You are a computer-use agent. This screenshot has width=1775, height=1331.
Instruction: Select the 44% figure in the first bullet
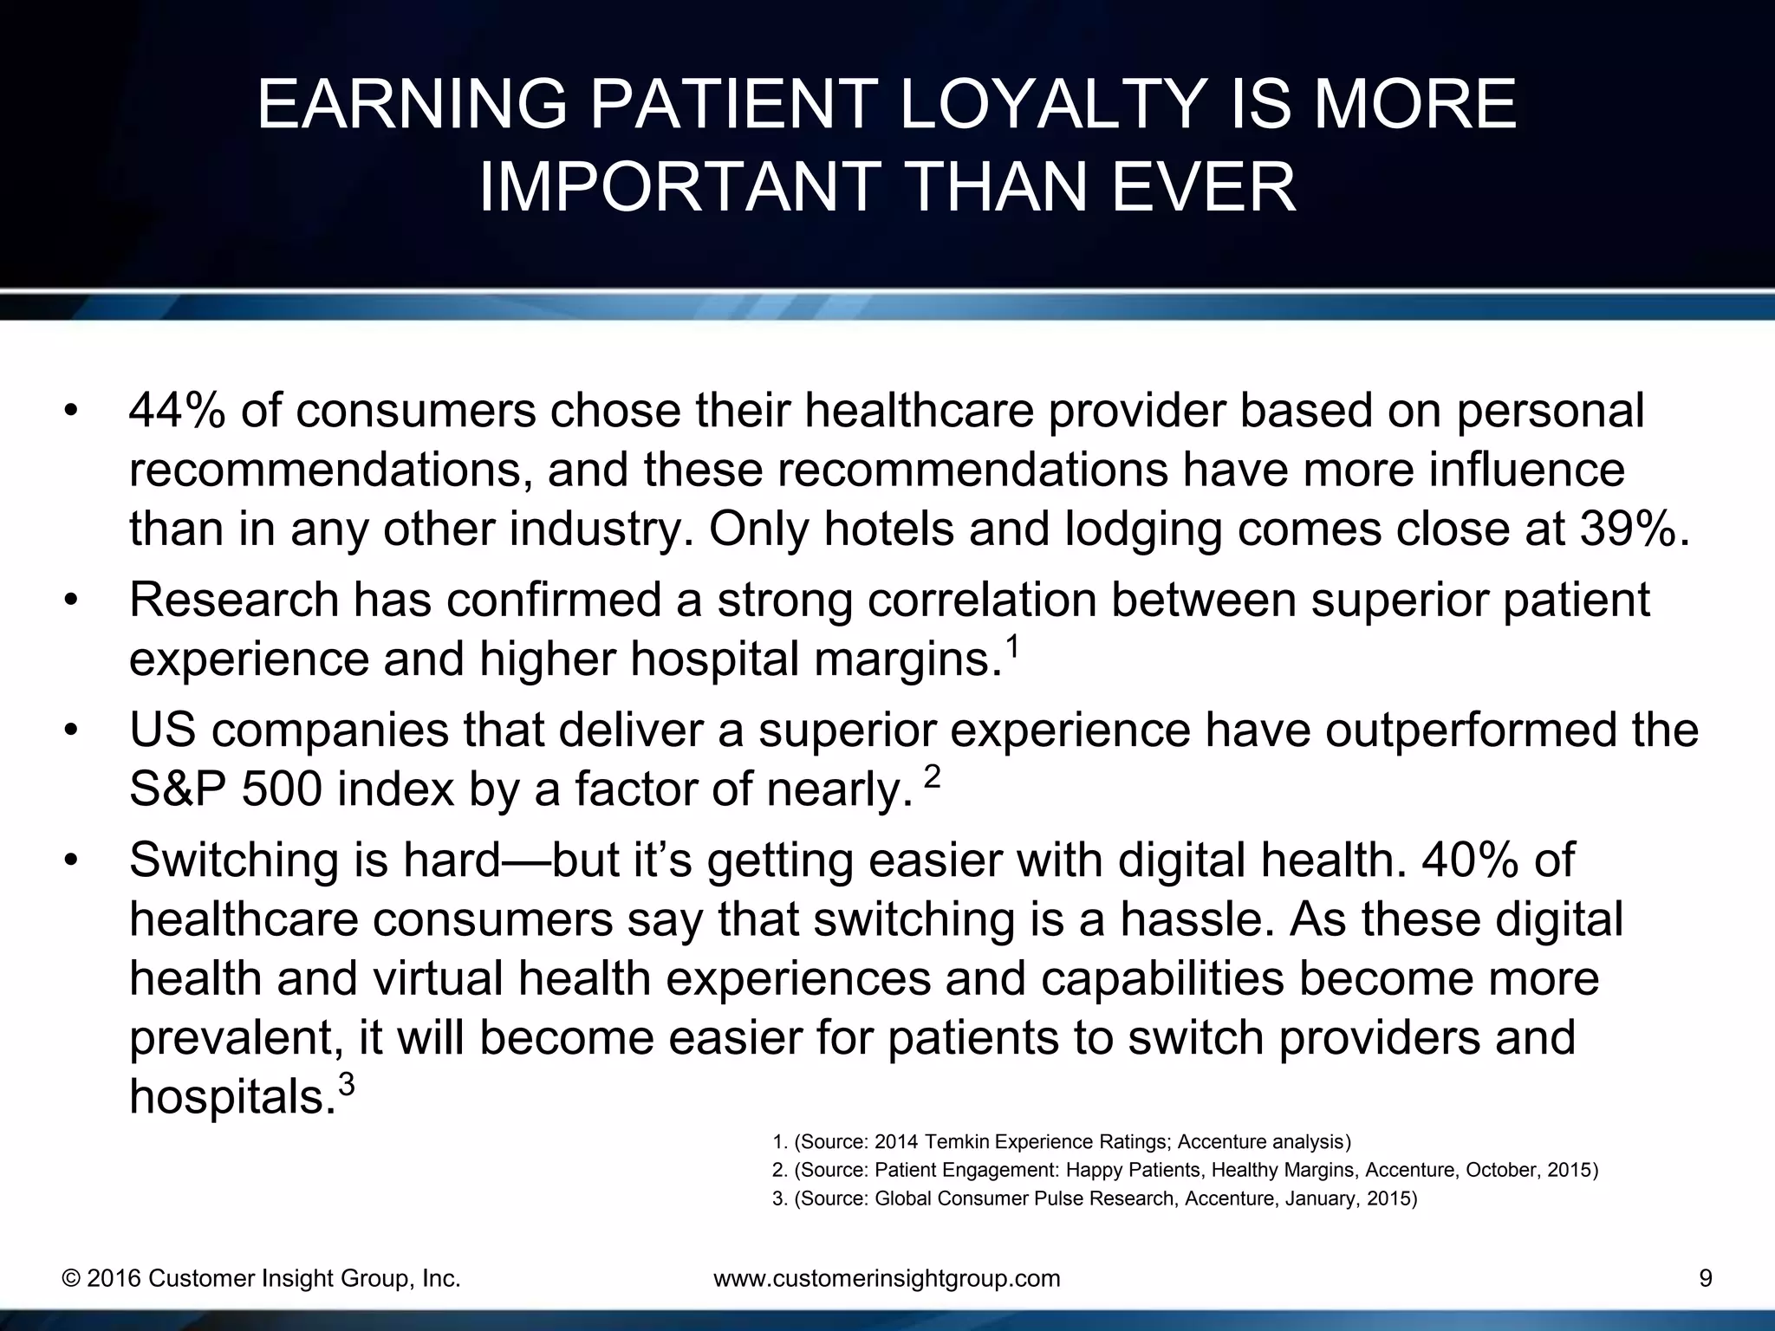(x=178, y=411)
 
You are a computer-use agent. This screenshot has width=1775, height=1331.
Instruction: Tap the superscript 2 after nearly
(x=932, y=777)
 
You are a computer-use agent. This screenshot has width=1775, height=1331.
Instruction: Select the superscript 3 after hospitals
(x=345, y=1085)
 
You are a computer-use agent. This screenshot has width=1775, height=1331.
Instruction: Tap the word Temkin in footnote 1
(x=948, y=1141)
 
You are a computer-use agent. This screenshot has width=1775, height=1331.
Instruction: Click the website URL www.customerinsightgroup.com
(x=886, y=1279)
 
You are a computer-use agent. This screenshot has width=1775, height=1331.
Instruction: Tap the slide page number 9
(x=1705, y=1279)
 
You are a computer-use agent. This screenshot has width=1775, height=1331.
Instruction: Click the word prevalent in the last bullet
(x=232, y=1039)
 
